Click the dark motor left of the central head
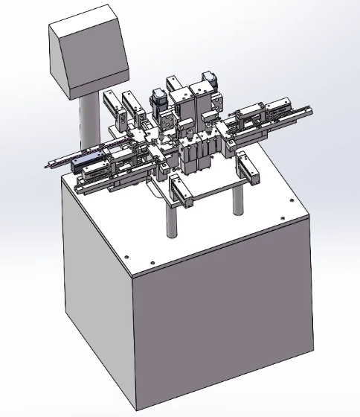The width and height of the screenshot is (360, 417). click(x=158, y=99)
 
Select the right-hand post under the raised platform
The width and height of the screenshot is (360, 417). click(x=238, y=199)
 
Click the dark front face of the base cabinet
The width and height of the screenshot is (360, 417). click(x=223, y=335)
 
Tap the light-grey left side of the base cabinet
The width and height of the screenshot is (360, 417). click(x=97, y=298)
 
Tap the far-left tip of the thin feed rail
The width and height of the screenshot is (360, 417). click(x=48, y=165)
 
